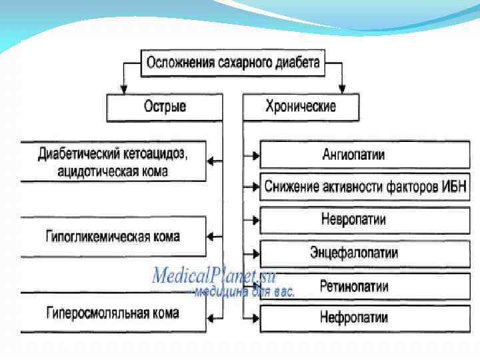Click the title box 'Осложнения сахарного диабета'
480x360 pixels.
click(233, 63)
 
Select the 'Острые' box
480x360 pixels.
click(165, 106)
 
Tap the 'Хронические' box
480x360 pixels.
click(301, 106)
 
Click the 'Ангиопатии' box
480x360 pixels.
click(353, 155)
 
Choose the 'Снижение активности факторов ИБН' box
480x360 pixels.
click(361, 186)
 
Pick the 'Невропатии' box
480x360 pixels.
click(353, 219)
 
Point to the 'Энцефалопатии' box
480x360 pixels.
click(353, 253)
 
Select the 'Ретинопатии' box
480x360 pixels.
click(353, 287)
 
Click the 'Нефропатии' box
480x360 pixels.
click(353, 317)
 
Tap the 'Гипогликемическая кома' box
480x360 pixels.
click(113, 236)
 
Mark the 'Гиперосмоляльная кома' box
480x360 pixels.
click(113, 312)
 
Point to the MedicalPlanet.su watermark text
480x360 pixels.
click(213, 275)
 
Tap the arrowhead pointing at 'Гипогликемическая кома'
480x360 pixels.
click(212, 236)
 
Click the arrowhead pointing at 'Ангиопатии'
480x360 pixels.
click(255, 155)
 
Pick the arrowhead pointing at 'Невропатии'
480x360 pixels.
click(255, 219)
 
